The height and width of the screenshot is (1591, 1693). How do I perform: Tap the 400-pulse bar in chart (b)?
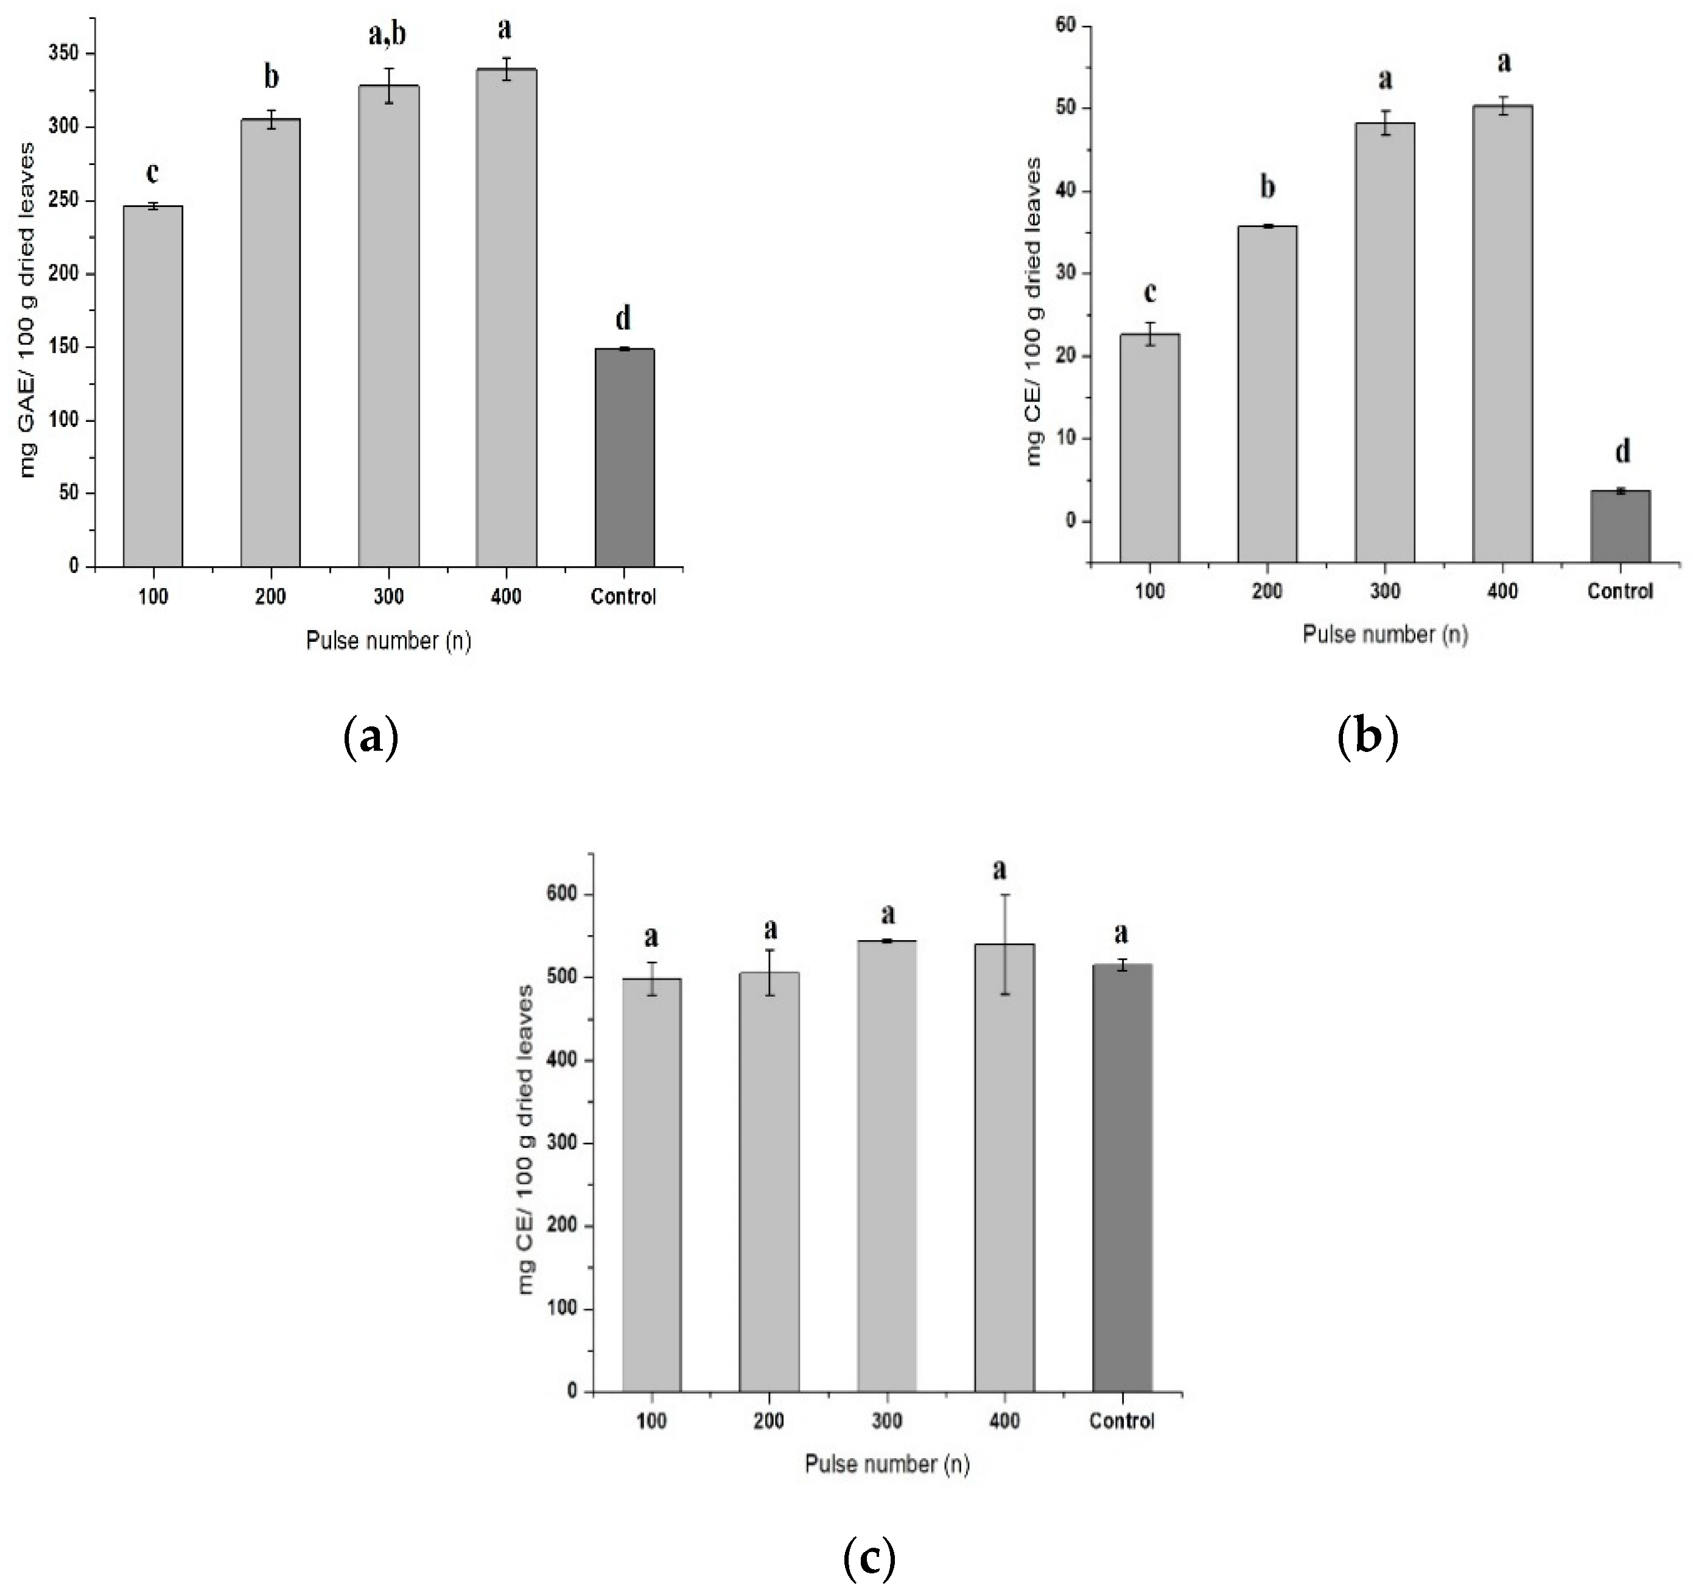coord(1502,333)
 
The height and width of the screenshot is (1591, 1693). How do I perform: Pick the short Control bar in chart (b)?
coord(1620,525)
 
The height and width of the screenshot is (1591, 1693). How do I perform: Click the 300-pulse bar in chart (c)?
coord(886,1166)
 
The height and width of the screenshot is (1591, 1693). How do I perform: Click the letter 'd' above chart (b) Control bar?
coord(1623,451)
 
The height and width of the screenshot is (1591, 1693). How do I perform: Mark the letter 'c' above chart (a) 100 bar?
coord(152,173)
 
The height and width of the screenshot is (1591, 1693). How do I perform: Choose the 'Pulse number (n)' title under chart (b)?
coord(1385,634)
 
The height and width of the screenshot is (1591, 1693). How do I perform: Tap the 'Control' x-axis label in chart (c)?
coord(1121,1421)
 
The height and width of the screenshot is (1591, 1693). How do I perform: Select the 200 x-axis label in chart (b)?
coord(1267,591)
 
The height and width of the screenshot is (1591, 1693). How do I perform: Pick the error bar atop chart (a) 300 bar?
coord(389,85)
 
